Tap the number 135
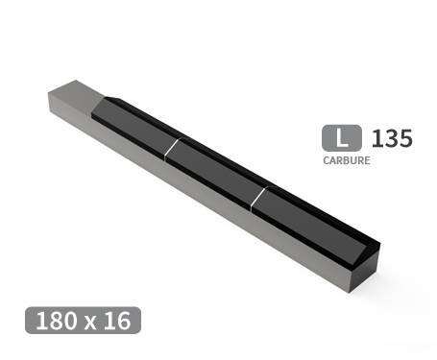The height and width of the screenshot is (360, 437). pos(391,138)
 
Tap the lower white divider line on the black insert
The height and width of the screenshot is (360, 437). pos(257,198)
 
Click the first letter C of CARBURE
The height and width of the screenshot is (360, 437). pos(327,160)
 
